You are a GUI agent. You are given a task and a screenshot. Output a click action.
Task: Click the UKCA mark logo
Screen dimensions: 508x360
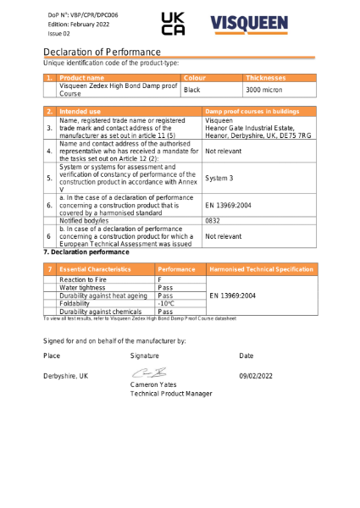[x=173, y=24]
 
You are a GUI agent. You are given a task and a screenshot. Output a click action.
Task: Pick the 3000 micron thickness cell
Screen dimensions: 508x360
[x=265, y=89]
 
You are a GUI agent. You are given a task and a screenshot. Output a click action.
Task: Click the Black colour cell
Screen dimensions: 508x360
[x=192, y=89]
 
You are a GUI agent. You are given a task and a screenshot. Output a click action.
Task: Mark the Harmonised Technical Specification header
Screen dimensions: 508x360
[x=261, y=268]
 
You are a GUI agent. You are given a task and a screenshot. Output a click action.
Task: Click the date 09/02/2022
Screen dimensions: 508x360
[x=256, y=375]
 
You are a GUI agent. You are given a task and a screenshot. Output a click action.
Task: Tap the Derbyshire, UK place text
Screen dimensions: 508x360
[x=65, y=375]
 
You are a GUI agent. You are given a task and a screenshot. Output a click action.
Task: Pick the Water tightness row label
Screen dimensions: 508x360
[x=81, y=287]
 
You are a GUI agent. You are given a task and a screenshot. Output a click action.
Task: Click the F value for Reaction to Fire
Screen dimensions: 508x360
[x=160, y=279]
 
